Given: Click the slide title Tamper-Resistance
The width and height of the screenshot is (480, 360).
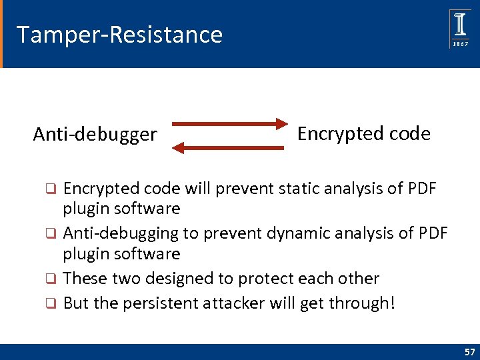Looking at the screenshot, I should point(119,34).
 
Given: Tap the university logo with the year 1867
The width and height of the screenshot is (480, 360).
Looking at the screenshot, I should point(460,29).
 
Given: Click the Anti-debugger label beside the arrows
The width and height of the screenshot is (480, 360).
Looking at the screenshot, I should point(95,135).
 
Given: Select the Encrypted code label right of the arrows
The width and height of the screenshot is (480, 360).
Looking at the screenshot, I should point(363,133).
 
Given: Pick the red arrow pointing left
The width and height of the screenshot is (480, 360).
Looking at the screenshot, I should point(229,148).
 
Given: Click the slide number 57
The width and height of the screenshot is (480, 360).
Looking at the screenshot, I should point(469,351).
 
